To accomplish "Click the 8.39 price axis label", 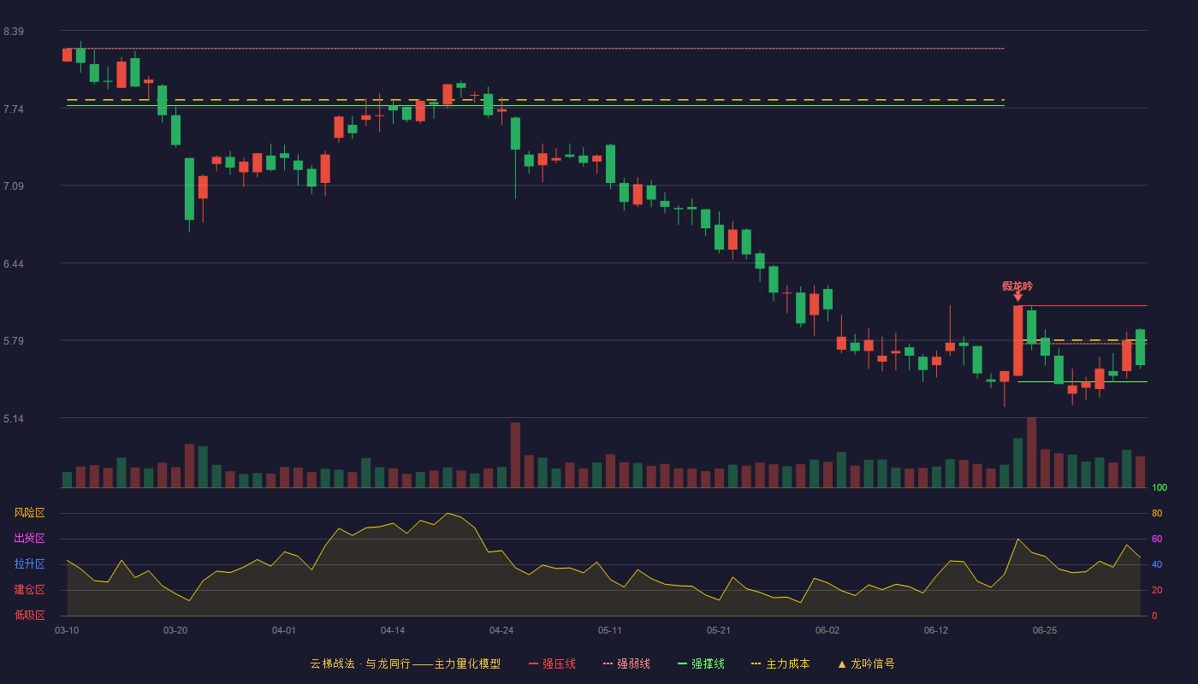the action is coord(14,32).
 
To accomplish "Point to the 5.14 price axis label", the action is coord(14,419).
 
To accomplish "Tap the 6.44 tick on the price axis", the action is coord(14,264).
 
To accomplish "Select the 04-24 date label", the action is coord(501,631).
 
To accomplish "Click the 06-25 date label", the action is coord(1045,631).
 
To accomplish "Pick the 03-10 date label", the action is coord(67,631).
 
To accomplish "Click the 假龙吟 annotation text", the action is coord(1017,286).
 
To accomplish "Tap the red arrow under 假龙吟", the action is coord(1017,297).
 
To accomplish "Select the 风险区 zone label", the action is coord(29,513).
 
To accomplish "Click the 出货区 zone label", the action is coord(29,538).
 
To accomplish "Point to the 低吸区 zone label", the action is coord(29,615).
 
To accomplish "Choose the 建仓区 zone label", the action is coord(29,589).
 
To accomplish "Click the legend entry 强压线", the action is coord(552,663).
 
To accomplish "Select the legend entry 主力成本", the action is coord(780,663).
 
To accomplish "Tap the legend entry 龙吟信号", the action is coord(866,663).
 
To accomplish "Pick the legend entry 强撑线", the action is coord(701,663).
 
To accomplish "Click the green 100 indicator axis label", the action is coord(1159,487).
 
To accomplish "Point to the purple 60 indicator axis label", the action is coord(1157,539).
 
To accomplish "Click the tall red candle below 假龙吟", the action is coord(1017,340).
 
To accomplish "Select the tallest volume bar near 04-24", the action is coord(515,455).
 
